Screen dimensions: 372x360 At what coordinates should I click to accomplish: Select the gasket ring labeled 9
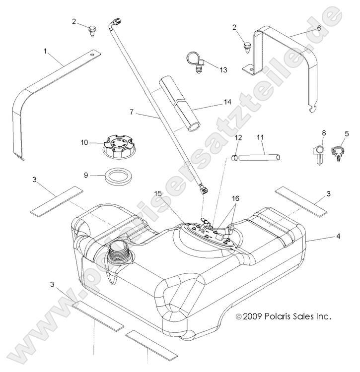(117, 175)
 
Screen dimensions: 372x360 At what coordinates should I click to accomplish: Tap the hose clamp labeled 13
(196, 62)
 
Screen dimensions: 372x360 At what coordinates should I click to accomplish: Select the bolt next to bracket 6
(247, 48)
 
